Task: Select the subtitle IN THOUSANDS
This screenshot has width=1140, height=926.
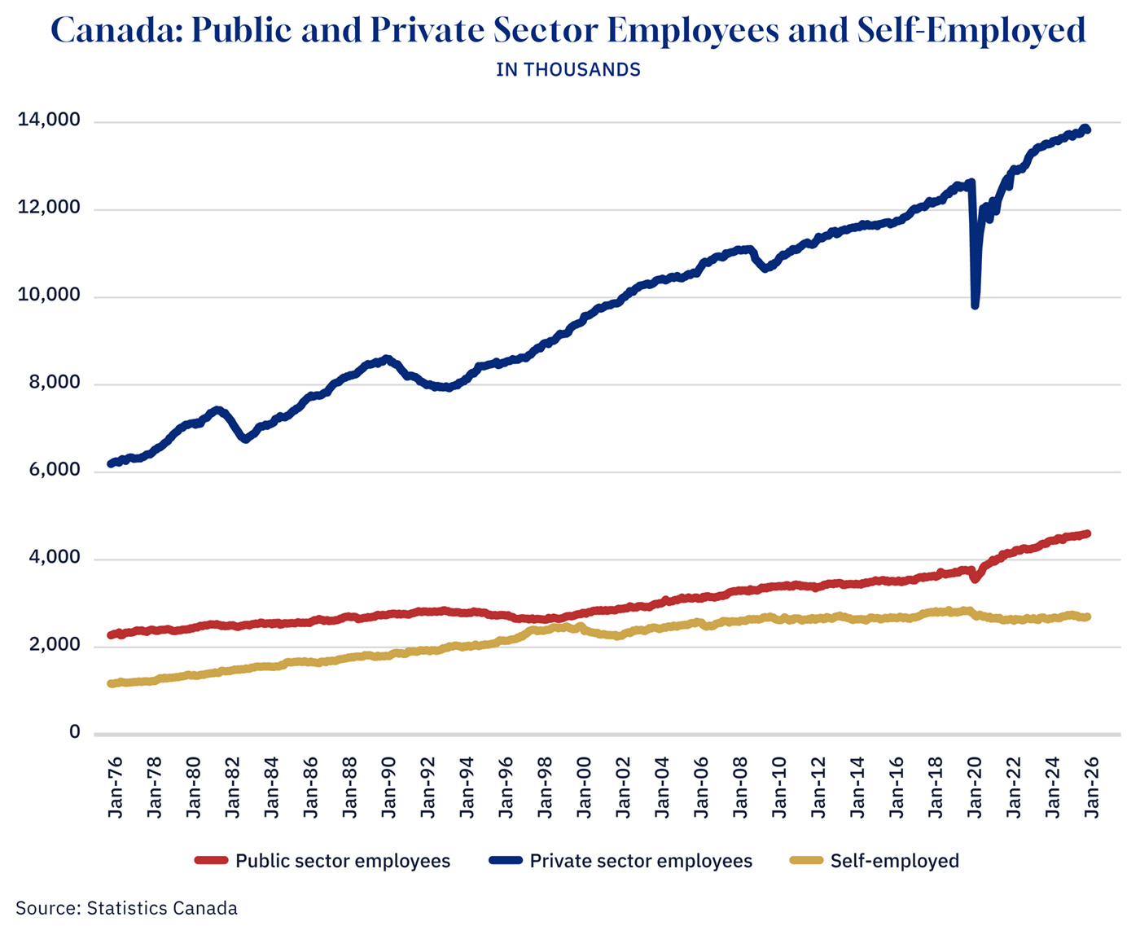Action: pos(568,70)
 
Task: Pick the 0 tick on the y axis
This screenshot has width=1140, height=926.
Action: pos(75,732)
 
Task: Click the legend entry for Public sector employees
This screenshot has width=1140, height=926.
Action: pos(342,861)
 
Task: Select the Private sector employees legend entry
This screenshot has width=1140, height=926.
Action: pos(640,861)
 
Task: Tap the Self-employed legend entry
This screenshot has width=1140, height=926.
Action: pos(894,861)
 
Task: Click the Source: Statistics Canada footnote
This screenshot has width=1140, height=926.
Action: pos(127,908)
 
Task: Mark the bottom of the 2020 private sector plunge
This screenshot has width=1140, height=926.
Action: pos(975,305)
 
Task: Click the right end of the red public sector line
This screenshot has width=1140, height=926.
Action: pos(1087,534)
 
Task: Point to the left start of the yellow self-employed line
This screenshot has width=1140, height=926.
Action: pos(112,683)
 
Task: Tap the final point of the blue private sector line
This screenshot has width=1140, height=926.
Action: pos(1086,129)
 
